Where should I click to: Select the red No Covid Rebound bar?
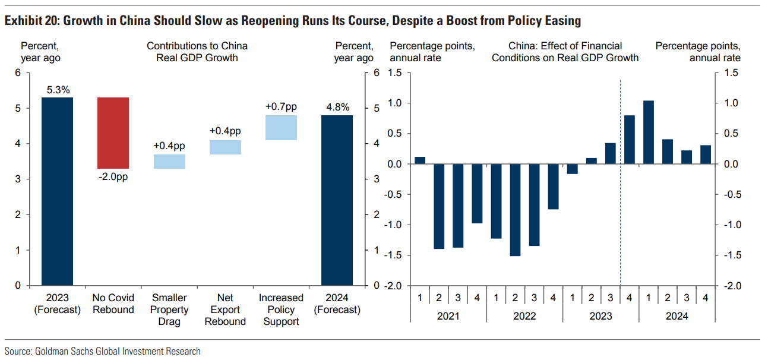113,133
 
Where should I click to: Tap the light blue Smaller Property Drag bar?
169,162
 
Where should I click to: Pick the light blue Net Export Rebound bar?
225,147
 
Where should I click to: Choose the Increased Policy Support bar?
281,128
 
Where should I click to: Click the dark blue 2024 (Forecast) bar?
337,200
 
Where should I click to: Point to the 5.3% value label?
57,90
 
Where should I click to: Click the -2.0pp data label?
113,176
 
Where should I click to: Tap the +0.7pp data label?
281,107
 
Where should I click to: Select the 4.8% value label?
337,108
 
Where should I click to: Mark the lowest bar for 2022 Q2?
515,210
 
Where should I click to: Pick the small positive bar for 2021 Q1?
420,160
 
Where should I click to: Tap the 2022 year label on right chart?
524,316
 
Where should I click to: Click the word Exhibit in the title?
26,21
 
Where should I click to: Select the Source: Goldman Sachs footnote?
102,351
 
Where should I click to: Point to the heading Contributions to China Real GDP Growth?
197,52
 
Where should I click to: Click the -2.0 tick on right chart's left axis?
394,286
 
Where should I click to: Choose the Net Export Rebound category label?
225,310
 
